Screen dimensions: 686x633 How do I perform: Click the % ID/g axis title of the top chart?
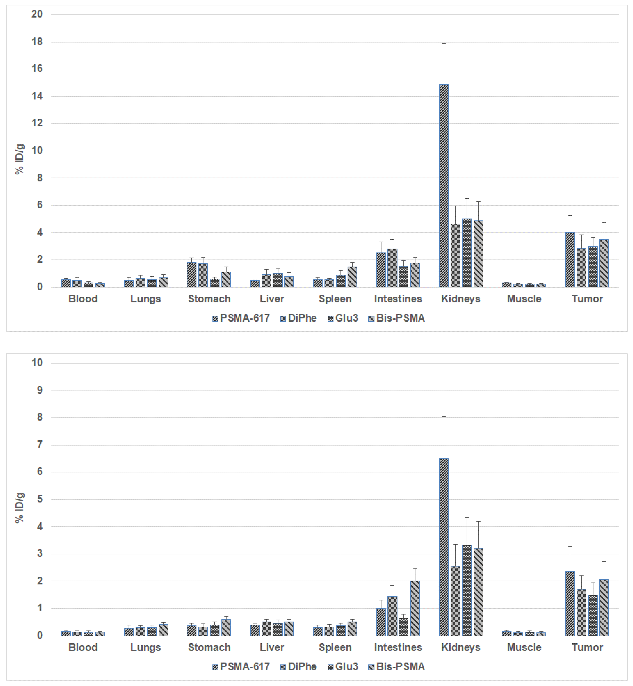(20, 159)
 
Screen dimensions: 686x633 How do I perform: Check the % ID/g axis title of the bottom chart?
(20, 508)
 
